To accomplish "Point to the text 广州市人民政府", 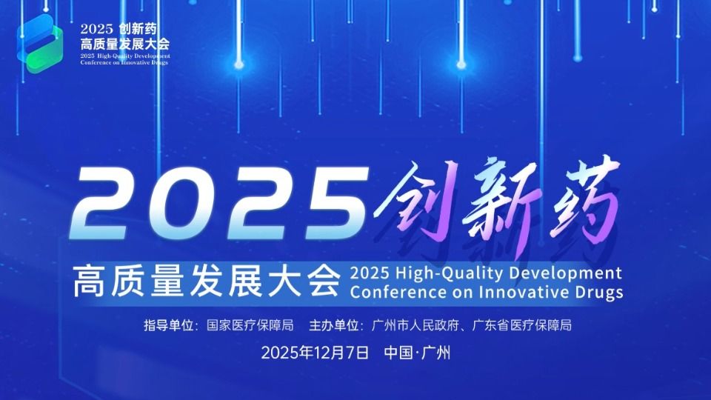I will [414, 325].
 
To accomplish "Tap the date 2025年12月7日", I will [315, 353].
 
